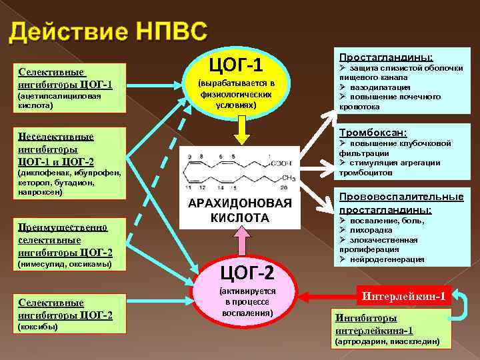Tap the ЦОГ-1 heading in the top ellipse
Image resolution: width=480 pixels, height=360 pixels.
click(236, 65)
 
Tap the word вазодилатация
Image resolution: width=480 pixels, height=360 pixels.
click(380, 87)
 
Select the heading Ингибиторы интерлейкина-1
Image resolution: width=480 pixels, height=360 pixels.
click(373, 323)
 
